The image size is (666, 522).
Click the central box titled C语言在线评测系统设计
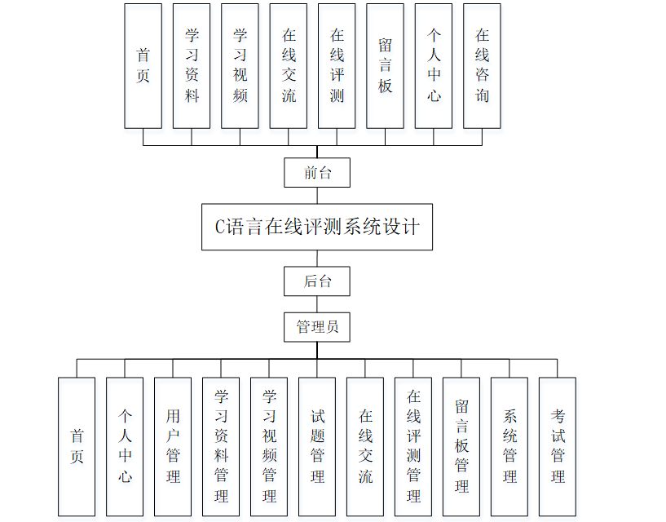coord(317,227)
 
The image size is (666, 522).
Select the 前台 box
coord(317,173)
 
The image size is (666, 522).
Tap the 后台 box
coord(317,281)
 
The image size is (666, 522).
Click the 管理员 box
coord(317,327)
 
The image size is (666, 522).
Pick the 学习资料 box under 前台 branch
coord(192,65)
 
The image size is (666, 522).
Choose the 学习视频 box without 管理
coord(240,65)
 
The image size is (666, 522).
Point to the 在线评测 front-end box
coord(337,65)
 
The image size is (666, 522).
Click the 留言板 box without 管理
coord(385,65)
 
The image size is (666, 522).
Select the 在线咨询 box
coord(482,65)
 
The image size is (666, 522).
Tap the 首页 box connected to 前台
coord(143,65)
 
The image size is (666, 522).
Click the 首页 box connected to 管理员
coord(77,446)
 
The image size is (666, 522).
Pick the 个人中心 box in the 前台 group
coord(434,65)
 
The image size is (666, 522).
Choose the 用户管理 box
coord(173,446)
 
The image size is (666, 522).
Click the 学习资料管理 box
coord(221,446)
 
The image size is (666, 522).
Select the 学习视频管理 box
coord(269,446)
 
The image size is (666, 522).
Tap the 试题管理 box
coord(317,446)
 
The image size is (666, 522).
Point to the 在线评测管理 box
coord(413,446)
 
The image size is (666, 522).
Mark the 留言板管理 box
coord(461,446)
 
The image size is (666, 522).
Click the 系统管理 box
coord(509,446)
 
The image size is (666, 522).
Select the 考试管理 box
coord(558,446)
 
